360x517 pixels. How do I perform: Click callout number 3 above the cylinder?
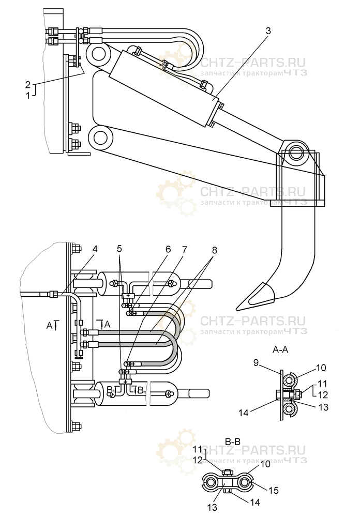coord(268,30)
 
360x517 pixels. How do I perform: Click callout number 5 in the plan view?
coord(120,249)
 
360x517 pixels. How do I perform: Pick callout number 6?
coord(168,249)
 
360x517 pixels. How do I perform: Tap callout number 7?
coord(185,249)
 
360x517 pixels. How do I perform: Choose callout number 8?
coord(214,249)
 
